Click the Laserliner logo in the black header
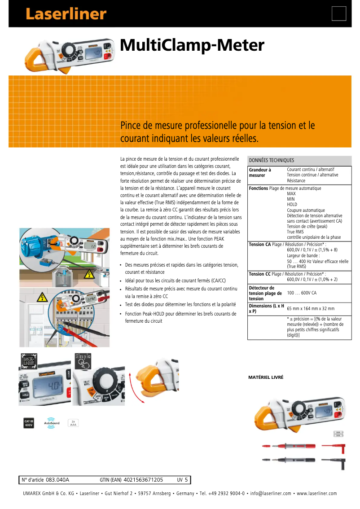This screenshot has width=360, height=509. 66,14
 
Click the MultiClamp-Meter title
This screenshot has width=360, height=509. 192,45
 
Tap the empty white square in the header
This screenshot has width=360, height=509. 339,14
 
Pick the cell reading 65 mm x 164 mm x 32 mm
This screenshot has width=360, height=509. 311,309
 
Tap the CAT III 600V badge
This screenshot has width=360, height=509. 28,422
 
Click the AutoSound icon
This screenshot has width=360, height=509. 52,422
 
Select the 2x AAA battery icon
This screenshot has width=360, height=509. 73,422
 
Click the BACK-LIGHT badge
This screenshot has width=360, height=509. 30,361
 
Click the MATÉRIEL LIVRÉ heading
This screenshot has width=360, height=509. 266,377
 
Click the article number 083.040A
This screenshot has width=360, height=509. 57,480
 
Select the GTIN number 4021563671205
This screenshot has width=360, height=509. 143,480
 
